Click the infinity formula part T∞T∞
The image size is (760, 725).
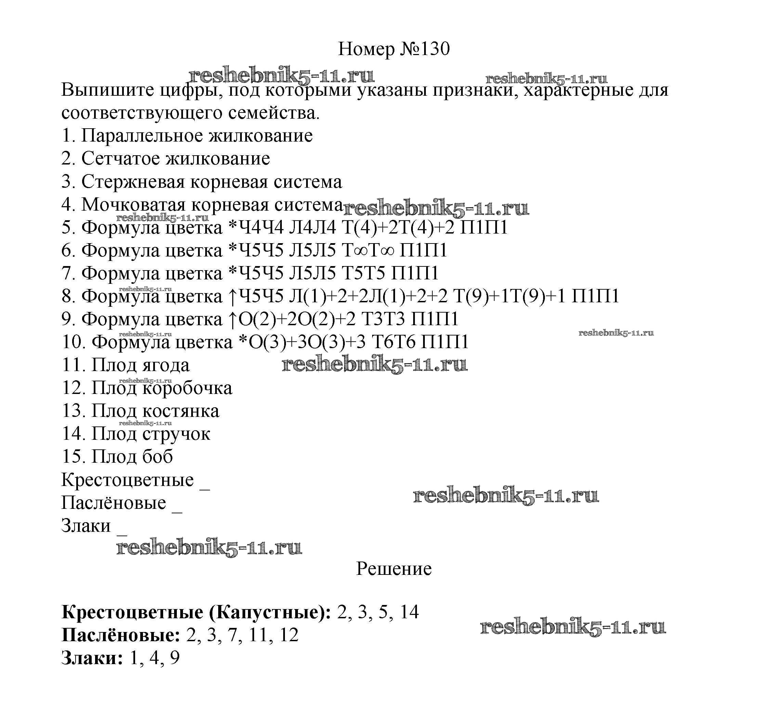pos(368,250)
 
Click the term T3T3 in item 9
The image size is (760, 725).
pos(383,319)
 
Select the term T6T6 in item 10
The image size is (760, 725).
pos(393,342)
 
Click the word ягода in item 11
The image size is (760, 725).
pos(166,365)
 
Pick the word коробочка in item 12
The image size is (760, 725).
pos(187,388)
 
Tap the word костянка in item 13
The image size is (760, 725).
pos(181,411)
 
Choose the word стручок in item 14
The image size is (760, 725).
pos(176,434)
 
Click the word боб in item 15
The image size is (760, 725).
pos(157,457)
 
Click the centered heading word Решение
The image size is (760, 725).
pos(394,569)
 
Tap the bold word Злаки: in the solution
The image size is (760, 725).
pos(92,658)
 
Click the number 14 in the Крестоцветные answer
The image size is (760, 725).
pos(409,612)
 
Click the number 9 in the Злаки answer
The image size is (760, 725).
pos(175,658)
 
